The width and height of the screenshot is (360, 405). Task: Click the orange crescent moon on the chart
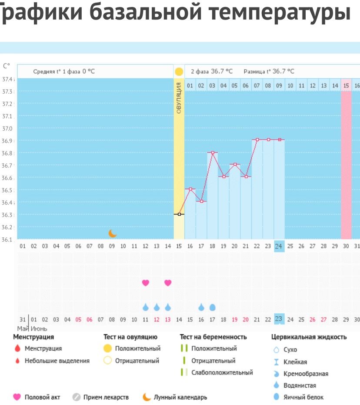113,234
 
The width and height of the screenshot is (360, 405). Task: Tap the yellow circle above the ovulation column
179,72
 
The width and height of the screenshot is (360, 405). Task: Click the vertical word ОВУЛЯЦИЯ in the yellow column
179,98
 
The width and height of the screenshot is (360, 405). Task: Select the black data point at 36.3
179,214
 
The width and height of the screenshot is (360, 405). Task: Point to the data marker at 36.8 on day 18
213,152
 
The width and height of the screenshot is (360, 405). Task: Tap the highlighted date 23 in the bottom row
279,319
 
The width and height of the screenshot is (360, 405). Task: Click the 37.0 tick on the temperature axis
8,129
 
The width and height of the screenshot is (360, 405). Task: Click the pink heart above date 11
146,283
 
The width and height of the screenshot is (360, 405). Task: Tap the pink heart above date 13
168,283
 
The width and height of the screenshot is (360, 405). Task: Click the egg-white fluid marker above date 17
213,307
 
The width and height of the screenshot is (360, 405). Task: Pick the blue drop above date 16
201,307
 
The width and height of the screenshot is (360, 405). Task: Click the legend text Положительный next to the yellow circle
137,348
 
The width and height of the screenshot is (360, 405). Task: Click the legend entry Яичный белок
303,397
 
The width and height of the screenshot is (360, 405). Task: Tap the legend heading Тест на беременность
213,337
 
